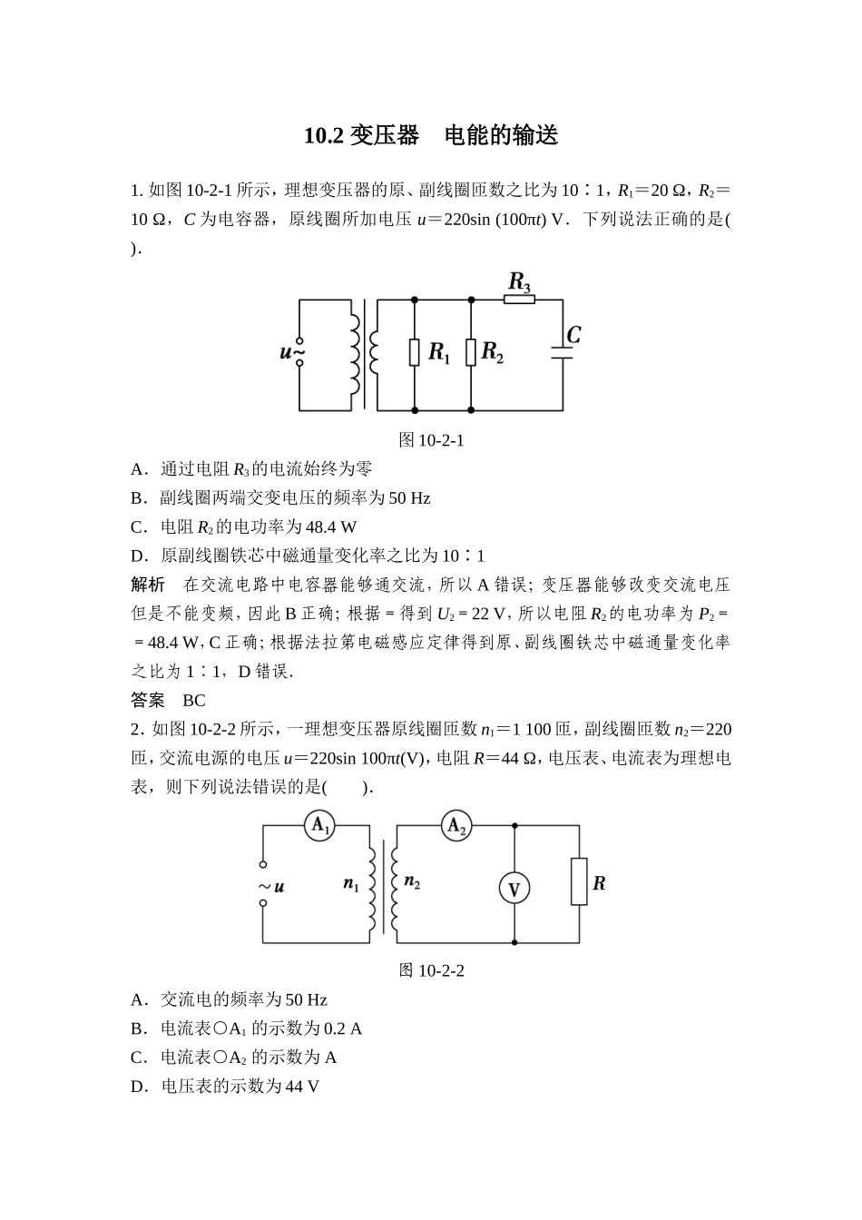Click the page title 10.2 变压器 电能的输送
pos(430,136)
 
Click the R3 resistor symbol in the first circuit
pos(519,299)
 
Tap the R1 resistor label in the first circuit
pos(439,353)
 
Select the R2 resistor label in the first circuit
pos(493,352)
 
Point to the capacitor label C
pos(573,336)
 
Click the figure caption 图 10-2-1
pos(431,440)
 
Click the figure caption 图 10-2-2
pos(431,970)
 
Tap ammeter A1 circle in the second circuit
pos(319,826)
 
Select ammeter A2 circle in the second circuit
pos(455,826)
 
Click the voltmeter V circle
pos(514,890)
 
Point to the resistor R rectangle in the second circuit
pos(579,882)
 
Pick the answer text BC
pos(194,701)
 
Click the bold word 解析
pos(148,585)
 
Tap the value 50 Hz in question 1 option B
pos(409,497)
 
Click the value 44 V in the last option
pos(301,1087)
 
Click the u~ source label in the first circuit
pos(291,352)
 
